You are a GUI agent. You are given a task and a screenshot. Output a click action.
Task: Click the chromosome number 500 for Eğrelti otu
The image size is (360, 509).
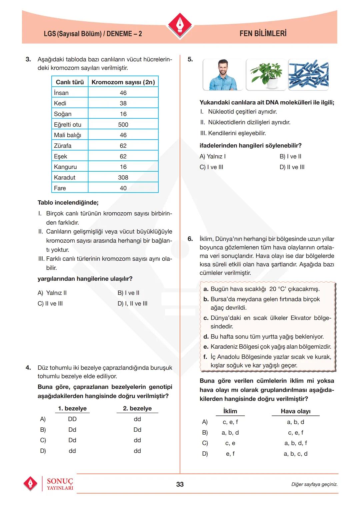(123, 124)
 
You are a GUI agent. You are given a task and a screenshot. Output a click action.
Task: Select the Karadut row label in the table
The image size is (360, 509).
(65, 177)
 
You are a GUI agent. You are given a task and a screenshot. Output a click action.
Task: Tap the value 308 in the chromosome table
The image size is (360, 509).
(123, 177)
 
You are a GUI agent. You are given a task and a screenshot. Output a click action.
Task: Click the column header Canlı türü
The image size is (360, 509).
(70, 82)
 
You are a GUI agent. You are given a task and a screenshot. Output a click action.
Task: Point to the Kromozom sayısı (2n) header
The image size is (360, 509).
(123, 82)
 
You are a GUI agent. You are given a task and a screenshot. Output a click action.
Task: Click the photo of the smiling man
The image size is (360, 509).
(223, 75)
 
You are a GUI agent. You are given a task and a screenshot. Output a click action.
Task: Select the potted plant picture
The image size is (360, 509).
(266, 75)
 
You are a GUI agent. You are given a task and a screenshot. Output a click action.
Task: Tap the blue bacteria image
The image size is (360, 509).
(308, 75)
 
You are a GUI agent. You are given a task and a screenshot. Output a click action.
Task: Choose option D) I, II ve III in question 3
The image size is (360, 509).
(132, 303)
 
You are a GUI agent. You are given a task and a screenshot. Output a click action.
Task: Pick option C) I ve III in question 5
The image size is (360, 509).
(211, 167)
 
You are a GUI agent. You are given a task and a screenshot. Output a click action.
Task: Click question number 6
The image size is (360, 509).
(190, 239)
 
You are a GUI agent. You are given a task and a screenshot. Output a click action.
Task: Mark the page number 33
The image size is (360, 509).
(180, 484)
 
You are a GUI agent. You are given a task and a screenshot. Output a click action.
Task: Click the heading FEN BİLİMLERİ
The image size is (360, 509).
(263, 33)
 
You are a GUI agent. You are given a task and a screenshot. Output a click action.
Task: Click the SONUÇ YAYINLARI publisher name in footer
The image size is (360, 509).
(60, 484)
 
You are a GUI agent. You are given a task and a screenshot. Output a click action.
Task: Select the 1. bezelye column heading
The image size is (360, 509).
(72, 408)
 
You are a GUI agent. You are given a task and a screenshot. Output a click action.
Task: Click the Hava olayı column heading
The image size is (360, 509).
(295, 411)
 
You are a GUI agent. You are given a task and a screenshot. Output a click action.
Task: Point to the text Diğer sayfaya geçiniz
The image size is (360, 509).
(314, 484)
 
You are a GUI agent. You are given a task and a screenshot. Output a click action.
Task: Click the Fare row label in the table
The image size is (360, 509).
(60, 188)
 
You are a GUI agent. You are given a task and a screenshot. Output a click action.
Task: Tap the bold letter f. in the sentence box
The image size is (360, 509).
(205, 357)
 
